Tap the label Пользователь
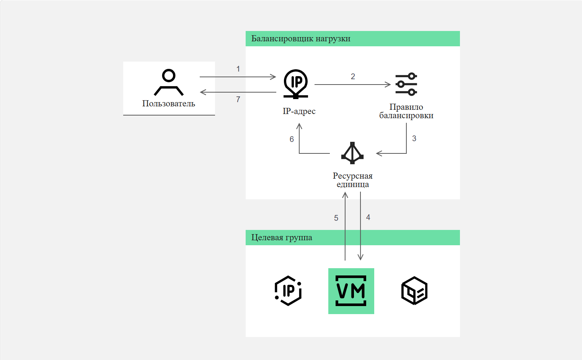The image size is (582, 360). coord(169,103)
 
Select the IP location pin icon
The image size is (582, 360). coord(296,84)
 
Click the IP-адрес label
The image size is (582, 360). coord(299,111)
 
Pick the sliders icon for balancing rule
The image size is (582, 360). coord(406,84)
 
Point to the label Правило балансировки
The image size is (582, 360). coord(406,111)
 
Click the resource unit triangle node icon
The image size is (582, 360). coord(352,153)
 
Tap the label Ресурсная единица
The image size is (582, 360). coord(352,180)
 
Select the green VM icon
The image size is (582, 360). coord(351,291)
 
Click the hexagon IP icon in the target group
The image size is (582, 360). coord(288,291)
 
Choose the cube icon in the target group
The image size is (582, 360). coord(414,290)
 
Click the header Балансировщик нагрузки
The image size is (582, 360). coord(301,39)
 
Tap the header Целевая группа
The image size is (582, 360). coord(282,238)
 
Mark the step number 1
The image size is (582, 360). coord(238,69)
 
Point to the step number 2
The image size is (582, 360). coord(353,77)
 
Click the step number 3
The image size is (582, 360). coord(414,138)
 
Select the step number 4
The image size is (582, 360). coord(368,217)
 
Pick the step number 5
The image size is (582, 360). coord(336,218)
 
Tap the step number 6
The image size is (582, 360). coord(292,139)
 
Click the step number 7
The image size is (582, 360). coord(238,99)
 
